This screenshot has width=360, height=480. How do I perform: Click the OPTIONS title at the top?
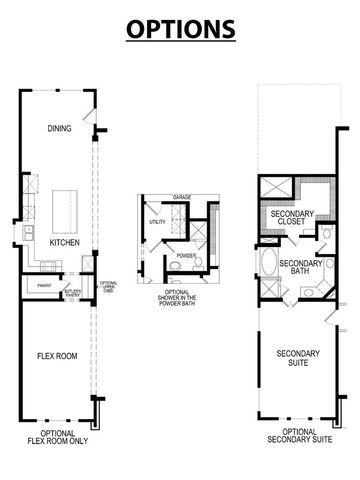coord(180,27)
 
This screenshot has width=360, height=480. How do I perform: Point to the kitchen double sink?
coord(30,237)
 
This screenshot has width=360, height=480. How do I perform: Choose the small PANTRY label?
coord(44,286)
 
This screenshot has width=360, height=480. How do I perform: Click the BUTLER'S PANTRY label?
coord(71,293)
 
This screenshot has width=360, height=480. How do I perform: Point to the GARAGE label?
coord(181,198)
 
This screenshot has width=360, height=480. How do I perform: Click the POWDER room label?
coord(186,255)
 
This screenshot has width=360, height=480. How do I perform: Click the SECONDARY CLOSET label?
coord(290,217)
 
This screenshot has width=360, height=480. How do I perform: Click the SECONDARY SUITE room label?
coord(298,359)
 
